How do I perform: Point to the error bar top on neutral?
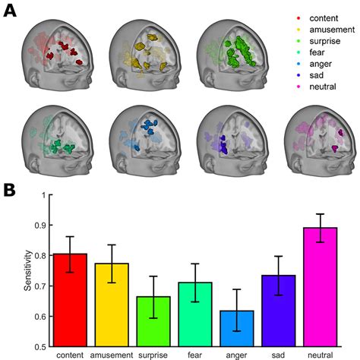(336, 214)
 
